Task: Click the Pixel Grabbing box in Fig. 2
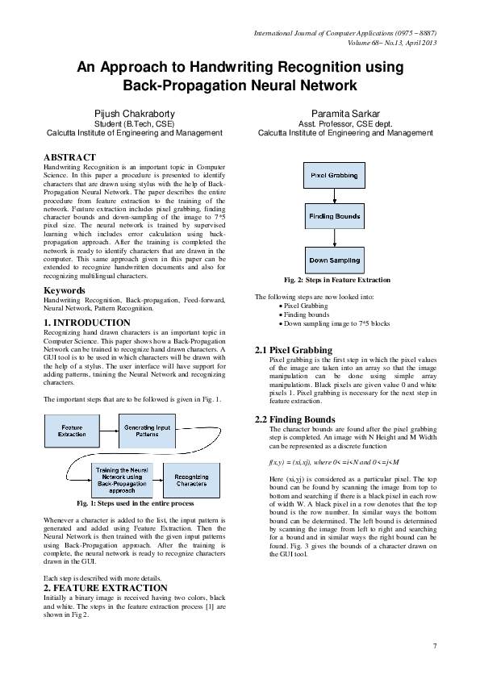tap(334, 174)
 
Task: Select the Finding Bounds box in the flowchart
tap(334, 216)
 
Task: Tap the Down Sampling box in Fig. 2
tap(334, 260)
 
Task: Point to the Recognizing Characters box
tap(191, 479)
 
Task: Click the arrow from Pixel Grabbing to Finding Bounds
tap(334, 195)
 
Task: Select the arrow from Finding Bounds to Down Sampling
tap(334, 238)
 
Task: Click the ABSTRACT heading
tap(69, 157)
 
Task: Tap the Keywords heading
tap(65, 290)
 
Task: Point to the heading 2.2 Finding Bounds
tap(294, 420)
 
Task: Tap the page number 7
tap(435, 646)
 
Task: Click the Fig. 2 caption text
tap(333, 280)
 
